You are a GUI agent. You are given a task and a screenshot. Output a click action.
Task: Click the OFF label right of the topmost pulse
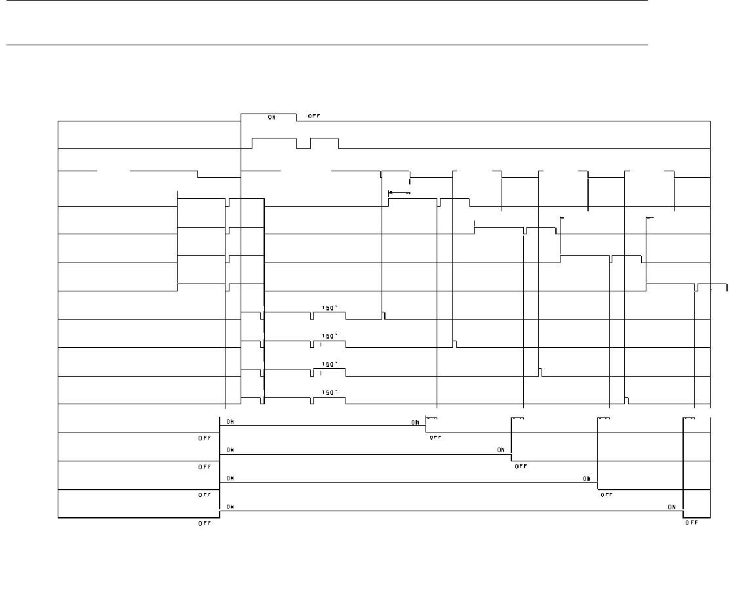[314, 117]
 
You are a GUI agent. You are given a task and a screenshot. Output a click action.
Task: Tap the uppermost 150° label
[329, 308]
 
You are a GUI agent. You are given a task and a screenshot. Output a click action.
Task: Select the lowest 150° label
[329, 392]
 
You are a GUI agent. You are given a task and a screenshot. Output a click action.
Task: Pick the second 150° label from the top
[329, 336]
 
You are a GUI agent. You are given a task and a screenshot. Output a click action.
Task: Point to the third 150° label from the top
[329, 364]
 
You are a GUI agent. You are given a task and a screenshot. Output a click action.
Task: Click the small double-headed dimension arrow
[399, 193]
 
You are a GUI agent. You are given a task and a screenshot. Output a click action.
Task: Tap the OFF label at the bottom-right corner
[691, 523]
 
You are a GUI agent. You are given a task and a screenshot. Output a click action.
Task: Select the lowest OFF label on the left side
[205, 523]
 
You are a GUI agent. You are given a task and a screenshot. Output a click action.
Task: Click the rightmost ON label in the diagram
[672, 507]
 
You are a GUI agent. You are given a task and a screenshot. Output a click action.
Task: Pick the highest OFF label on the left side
[205, 438]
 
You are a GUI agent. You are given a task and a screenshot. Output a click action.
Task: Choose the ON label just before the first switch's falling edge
[416, 422]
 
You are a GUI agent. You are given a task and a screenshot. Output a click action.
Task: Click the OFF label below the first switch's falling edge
[435, 438]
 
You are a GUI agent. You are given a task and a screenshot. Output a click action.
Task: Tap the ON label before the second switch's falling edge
[501, 450]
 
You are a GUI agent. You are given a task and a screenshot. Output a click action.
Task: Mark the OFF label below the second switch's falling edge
[521, 466]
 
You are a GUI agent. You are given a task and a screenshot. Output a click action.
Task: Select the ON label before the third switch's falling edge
[587, 478]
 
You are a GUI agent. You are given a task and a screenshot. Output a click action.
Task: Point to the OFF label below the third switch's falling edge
[606, 495]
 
